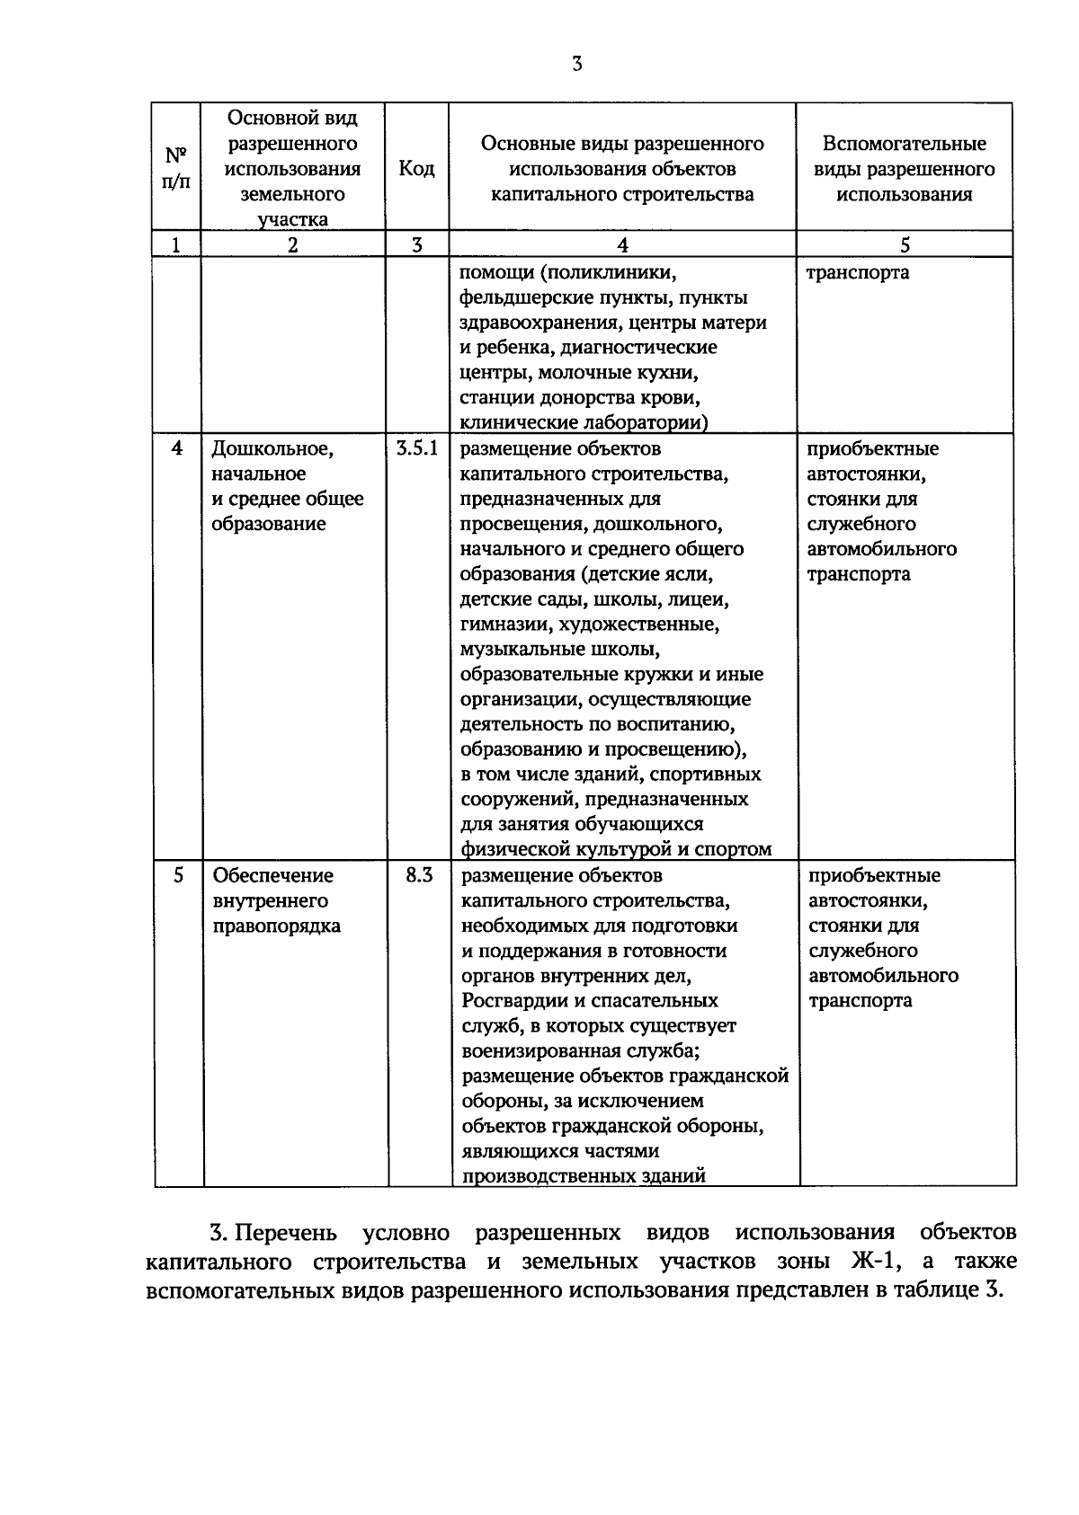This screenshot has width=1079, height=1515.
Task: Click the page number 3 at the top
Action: [576, 64]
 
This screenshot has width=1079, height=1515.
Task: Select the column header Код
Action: [416, 169]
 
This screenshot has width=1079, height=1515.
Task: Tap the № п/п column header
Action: [176, 168]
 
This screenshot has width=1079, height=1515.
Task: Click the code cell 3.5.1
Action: [416, 448]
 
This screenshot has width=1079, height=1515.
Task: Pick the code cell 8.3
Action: [419, 875]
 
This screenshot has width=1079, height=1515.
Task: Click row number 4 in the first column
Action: [176, 448]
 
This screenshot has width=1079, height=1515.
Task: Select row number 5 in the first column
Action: [177, 875]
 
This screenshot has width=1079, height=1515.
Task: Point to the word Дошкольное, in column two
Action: [272, 448]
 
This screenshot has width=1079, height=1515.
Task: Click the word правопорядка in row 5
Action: [276, 926]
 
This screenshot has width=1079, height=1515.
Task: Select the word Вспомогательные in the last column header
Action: [905, 144]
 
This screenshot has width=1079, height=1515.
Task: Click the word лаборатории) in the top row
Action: [649, 422]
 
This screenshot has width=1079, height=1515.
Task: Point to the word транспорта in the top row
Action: [857, 273]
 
